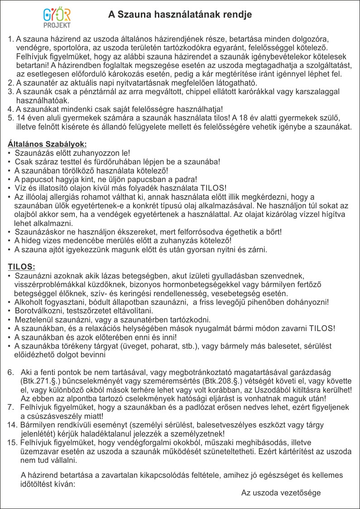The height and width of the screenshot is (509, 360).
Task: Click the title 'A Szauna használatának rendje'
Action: pyautogui.click(x=180, y=15)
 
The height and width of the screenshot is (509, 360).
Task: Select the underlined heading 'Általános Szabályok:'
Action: pyautogui.click(x=47, y=144)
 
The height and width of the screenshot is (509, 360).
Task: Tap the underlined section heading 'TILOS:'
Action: pyautogui.click(x=22, y=266)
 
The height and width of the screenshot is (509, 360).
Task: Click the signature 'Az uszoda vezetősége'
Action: pyautogui.click(x=281, y=493)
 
